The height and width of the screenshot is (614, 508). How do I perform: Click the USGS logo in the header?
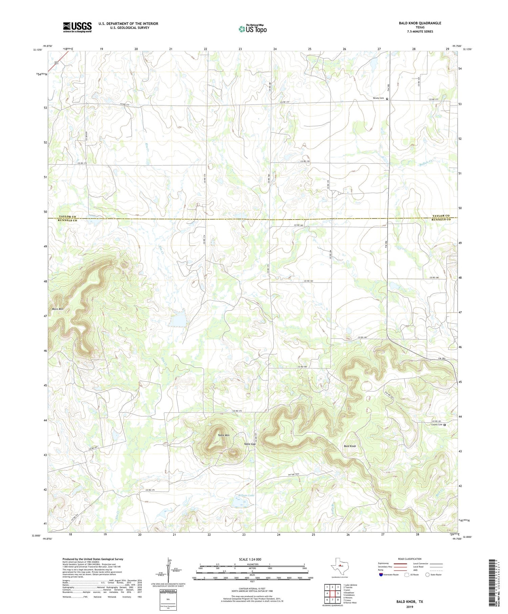pos(77,27)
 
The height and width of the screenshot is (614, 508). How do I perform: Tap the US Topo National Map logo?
pos(253,29)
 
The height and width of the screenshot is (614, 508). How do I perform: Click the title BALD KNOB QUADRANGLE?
pos(420,23)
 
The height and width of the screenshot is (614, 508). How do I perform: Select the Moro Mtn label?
pos(58,309)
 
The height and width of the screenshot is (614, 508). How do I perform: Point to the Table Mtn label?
pos(224,435)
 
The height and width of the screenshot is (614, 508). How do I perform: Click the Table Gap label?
pos(250,444)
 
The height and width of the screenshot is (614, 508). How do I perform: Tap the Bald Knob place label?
pos(350,446)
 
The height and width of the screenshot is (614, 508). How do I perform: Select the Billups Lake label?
pos(246,495)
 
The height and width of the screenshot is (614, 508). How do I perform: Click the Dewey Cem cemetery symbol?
pos(387,99)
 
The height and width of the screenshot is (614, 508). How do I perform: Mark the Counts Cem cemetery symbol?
pos(445,425)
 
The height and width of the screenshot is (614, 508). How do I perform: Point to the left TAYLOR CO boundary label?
pos(68,216)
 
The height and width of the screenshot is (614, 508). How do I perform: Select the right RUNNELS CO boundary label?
pos(441,220)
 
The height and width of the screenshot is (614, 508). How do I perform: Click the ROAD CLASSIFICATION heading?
pos(410,559)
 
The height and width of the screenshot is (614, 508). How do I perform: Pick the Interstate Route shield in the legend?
pos(381,575)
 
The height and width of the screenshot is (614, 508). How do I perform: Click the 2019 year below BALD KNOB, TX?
pos(409,607)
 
